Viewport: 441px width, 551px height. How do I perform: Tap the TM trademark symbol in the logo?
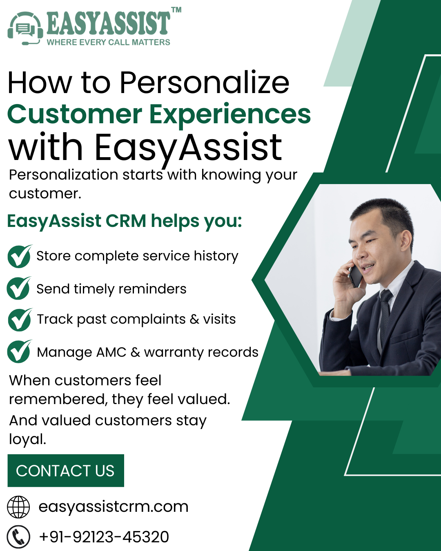[176, 10]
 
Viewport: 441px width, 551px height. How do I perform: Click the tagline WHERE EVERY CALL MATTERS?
[108, 42]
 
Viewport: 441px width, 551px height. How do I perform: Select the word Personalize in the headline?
[204, 83]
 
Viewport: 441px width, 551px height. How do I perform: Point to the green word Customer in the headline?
[75, 114]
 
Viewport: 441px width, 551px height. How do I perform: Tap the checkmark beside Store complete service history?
[19, 257]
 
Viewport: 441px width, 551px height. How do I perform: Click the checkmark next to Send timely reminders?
[18, 288]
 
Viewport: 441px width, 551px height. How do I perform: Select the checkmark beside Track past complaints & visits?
[19, 320]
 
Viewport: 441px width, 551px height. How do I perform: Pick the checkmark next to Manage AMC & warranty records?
[19, 351]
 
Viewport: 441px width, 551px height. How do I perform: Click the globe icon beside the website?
[18, 507]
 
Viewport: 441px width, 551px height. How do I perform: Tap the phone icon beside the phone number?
[18, 537]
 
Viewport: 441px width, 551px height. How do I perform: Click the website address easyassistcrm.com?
[114, 507]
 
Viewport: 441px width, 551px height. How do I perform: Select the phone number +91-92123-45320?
[104, 537]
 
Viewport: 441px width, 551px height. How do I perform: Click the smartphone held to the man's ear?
[355, 275]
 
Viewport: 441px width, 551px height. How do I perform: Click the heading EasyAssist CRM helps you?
[125, 221]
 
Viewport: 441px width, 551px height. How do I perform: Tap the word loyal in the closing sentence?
[27, 440]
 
